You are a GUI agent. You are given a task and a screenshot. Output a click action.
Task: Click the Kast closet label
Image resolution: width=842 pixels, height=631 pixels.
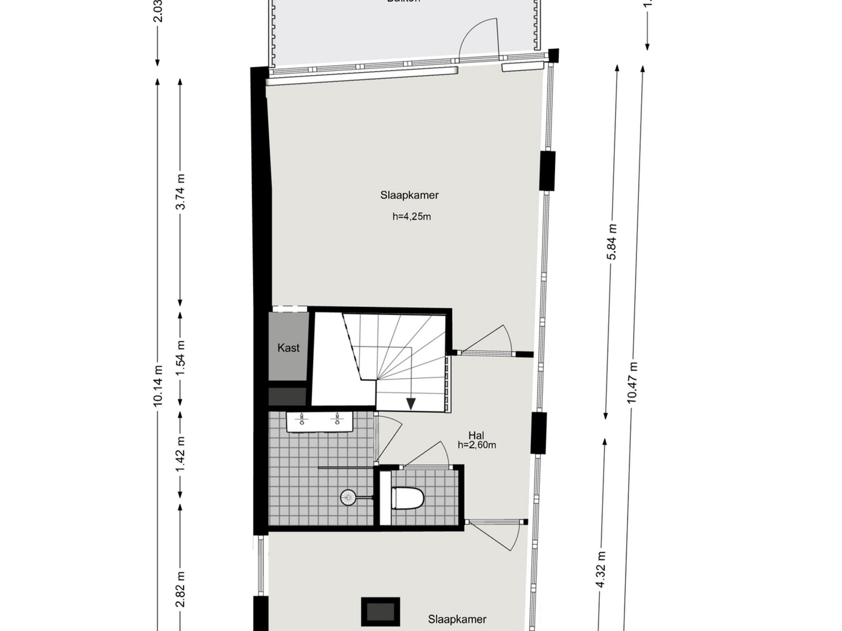288,348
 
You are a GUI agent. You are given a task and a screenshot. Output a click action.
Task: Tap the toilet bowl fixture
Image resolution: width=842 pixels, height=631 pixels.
408,498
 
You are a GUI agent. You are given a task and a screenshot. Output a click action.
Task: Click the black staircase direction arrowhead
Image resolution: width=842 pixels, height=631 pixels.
411,404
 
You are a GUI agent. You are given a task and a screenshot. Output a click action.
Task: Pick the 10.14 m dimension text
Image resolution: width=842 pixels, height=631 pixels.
158,386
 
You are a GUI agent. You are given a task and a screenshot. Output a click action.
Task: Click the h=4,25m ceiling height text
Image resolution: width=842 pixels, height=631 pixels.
411,217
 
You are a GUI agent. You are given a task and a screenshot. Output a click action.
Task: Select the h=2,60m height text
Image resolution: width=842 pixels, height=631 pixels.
477,445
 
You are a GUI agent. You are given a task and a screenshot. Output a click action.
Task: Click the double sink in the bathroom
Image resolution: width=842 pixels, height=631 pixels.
320,422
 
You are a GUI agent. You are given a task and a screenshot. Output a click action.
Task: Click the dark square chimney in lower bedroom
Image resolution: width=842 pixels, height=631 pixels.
380,611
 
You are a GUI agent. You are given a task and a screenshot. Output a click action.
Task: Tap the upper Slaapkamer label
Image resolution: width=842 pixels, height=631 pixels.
409,195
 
